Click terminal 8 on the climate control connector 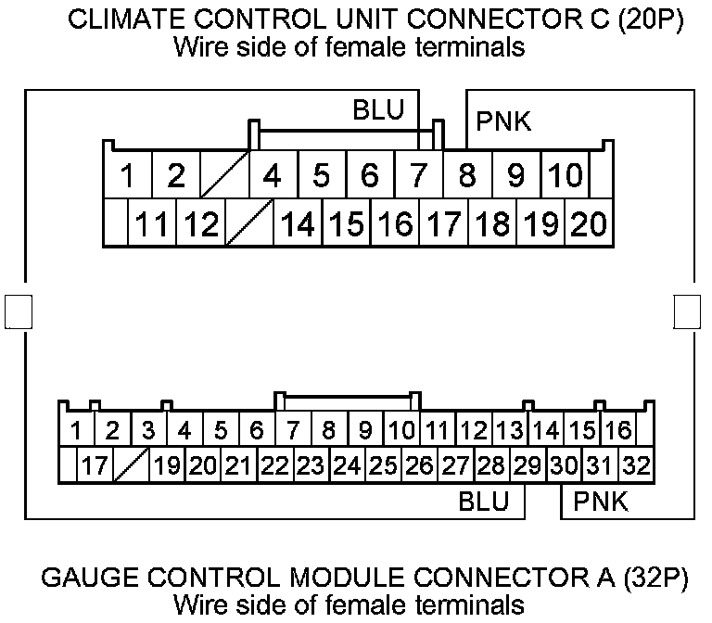467,174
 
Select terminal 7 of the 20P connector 418,174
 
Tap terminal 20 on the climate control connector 587,223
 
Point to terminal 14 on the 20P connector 297,223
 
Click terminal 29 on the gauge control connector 527,464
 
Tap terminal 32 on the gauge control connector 635,464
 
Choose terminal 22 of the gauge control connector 274,464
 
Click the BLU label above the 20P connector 378,110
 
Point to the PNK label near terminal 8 503,121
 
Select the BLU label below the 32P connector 484,502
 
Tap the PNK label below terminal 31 601,502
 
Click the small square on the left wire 18,312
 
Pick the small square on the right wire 687,312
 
